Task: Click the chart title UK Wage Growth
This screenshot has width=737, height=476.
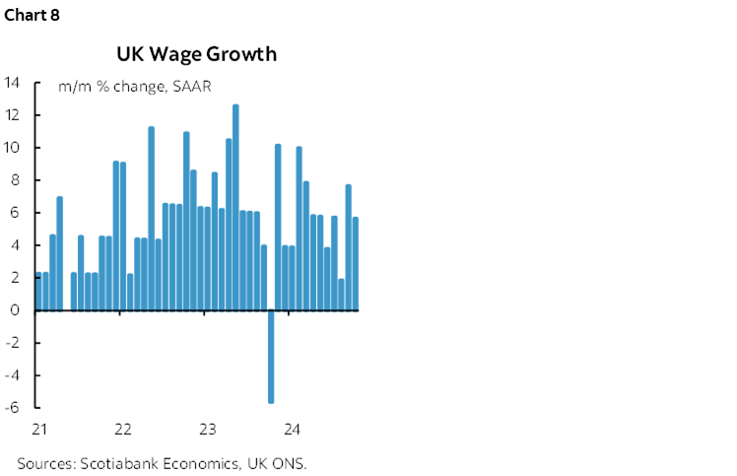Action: coord(196,54)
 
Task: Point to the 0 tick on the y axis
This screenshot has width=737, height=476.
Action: coord(16,310)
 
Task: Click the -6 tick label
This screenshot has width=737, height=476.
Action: coord(14,408)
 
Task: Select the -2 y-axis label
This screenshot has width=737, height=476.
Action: coord(14,343)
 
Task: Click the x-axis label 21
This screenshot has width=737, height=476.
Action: coord(39,430)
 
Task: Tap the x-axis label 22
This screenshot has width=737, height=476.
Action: coord(123,430)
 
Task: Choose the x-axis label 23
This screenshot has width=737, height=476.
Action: coord(208,430)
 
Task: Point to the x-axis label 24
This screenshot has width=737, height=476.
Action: coord(292,430)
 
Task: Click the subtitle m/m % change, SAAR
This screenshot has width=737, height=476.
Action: coord(135,87)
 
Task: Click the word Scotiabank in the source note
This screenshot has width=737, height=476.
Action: coord(119,463)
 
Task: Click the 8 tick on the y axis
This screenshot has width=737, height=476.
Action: coord(16,180)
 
